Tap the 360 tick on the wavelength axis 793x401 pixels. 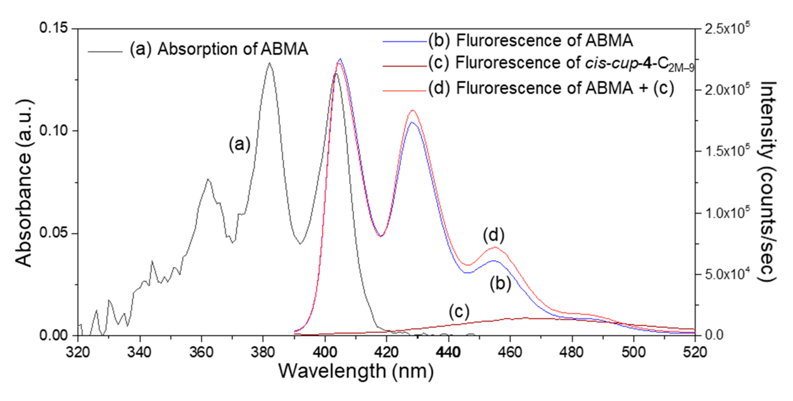(x=201, y=352)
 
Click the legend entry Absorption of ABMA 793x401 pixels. (x=219, y=49)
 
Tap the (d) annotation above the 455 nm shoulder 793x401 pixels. (x=494, y=235)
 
